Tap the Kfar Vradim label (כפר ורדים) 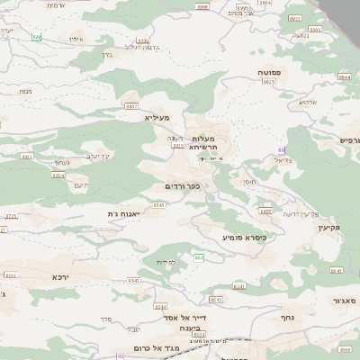[182, 186]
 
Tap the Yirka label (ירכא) [61, 277]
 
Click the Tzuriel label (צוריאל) [283, 160]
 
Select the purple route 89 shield [282, 149]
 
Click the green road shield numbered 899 [37, 37]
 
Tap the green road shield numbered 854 [199, 258]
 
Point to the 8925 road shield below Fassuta [268, 81]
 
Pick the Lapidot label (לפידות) [166, 262]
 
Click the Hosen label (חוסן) [247, 182]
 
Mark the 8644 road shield [345, 77]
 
